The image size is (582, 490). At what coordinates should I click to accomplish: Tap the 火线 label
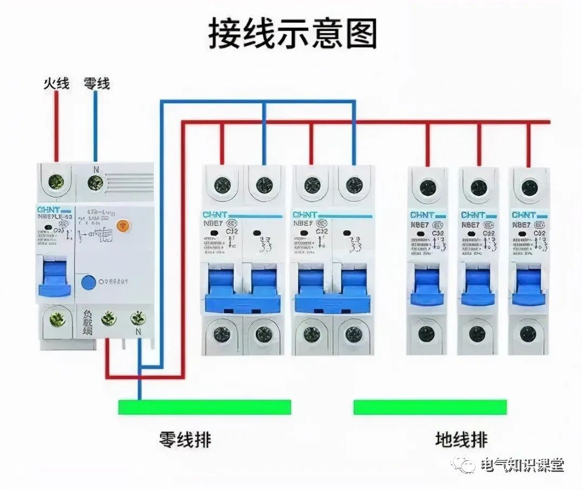point(56,83)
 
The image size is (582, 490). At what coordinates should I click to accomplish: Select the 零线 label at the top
point(96,83)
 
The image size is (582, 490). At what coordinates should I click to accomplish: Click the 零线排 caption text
point(185,439)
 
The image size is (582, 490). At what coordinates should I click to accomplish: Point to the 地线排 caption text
point(461,439)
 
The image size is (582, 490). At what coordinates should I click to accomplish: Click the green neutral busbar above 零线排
point(204,407)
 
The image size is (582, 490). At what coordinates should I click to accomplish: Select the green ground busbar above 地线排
point(430,407)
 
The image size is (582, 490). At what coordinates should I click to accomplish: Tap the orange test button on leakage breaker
point(125,224)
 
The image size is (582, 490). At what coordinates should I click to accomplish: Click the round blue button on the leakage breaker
point(87,282)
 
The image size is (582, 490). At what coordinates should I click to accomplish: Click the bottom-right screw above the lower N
point(138,319)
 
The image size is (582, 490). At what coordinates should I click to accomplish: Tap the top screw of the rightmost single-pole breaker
point(528,188)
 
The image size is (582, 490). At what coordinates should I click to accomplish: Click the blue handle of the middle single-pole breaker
point(478,287)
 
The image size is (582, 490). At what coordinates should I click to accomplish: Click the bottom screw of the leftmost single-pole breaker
point(427,334)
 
